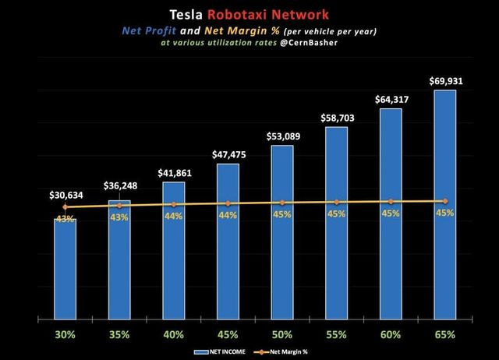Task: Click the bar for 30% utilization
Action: pyautogui.click(x=65, y=269)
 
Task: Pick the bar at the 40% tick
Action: pyautogui.click(x=173, y=251)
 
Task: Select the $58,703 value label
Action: pyautogui.click(x=336, y=118)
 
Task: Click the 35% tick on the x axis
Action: pyautogui.click(x=119, y=334)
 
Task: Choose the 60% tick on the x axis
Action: pyautogui.click(x=391, y=334)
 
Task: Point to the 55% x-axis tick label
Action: pyautogui.click(x=336, y=334)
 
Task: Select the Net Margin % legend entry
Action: pyautogui.click(x=292, y=352)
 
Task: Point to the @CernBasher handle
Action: pyautogui.click(x=314, y=44)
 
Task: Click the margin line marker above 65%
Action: pyautogui.click(x=445, y=201)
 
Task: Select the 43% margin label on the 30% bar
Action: pyautogui.click(x=65, y=219)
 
